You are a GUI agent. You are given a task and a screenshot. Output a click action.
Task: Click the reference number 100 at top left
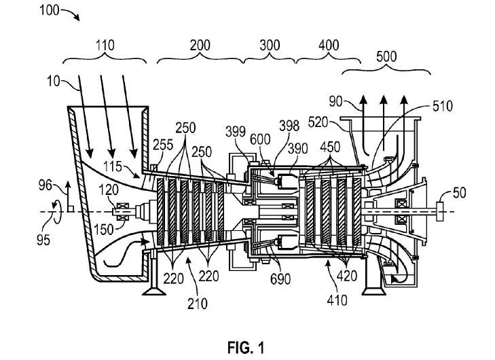[50, 10]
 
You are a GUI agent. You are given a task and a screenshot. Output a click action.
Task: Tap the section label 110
[105, 46]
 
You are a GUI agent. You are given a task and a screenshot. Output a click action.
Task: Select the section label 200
[200, 46]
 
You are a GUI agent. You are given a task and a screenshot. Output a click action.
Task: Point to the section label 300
[270, 46]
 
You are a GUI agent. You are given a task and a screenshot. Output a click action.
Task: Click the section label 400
[329, 46]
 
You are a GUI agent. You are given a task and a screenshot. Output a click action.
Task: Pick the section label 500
[386, 56]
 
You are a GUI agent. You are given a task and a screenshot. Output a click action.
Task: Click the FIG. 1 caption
[246, 348]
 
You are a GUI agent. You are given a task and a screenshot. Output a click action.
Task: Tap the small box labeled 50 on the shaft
[439, 211]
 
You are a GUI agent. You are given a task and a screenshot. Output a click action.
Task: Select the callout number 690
[280, 279]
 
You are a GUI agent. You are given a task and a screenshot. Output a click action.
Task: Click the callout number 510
[442, 107]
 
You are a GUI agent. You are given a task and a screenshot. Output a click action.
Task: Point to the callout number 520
[318, 122]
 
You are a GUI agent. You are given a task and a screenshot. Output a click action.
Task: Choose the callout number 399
[236, 132]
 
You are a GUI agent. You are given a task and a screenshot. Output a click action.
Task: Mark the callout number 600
[260, 139]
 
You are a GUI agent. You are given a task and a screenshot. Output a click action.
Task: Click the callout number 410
[337, 300]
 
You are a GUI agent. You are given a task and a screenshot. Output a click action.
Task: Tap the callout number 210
[198, 304]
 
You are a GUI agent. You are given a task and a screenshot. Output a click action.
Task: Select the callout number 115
[113, 166]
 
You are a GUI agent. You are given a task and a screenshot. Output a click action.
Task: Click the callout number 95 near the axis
[43, 240]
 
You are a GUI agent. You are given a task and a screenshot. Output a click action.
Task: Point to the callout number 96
[45, 185]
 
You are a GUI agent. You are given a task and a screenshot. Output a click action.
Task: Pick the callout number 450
[330, 147]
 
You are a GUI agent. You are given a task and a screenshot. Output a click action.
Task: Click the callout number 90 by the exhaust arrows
[335, 102]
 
